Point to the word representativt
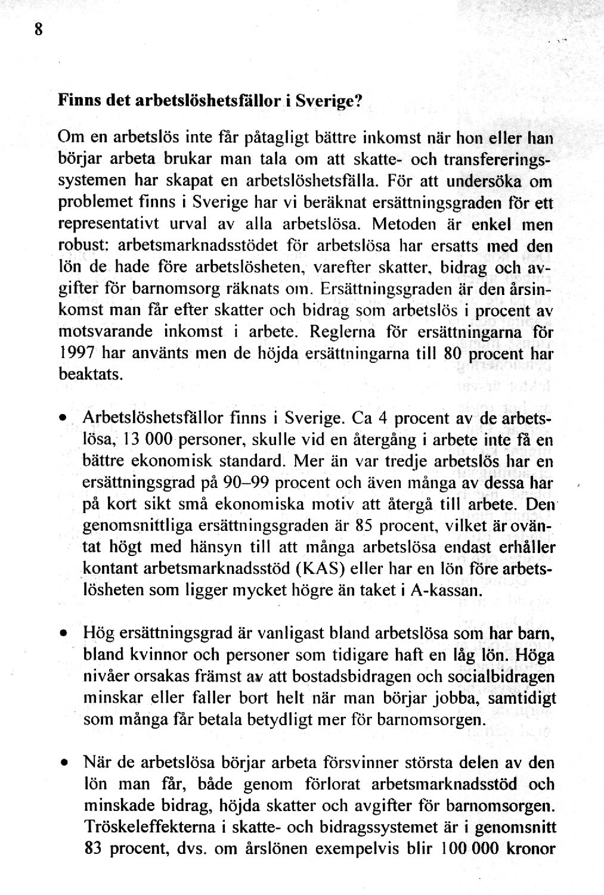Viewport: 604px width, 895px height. (x=113, y=225)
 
